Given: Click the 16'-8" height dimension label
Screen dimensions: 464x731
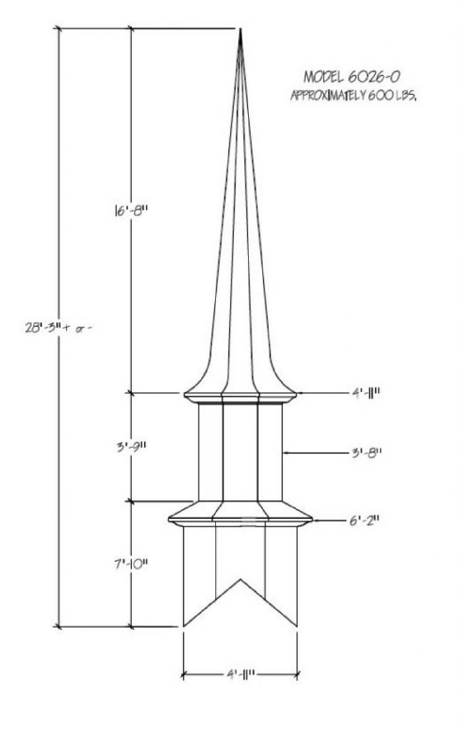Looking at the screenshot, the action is pyautogui.click(x=130, y=211).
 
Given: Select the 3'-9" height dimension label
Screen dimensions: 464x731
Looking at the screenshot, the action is pyautogui.click(x=131, y=447).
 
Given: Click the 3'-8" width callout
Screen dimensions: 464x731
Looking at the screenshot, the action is pyautogui.click(x=366, y=452).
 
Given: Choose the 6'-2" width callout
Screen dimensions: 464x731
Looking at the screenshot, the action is pyautogui.click(x=364, y=520).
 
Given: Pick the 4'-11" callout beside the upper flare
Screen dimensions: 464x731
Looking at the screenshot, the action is pyautogui.click(x=366, y=393).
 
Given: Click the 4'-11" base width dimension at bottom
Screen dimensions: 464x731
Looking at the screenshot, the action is pyautogui.click(x=240, y=674).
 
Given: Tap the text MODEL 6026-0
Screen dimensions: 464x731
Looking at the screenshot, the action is pyautogui.click(x=352, y=76).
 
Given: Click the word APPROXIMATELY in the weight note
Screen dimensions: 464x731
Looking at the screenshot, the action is pyautogui.click(x=329, y=96).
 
